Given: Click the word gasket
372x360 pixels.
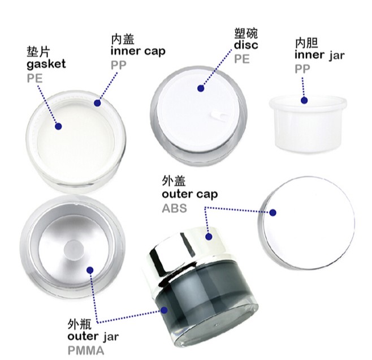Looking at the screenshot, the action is click(46, 65).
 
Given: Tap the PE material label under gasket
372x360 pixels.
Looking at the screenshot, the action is click(34, 78).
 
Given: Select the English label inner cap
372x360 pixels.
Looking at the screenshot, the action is click(138, 52).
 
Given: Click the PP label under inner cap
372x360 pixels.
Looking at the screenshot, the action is click(118, 65).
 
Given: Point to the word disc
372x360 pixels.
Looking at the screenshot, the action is click(246, 45).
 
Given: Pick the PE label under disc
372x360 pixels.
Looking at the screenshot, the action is click(242, 59).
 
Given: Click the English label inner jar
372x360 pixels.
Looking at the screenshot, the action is click(319, 55).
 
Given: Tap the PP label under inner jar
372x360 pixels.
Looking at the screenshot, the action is click(302, 68).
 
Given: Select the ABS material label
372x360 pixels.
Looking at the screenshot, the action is click(174, 208).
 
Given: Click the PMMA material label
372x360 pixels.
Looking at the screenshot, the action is click(85, 350).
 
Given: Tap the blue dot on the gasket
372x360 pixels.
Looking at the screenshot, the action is click(58, 126).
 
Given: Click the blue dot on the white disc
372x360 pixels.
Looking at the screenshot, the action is click(201, 88).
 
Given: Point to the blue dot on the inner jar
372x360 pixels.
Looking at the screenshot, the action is click(304, 100).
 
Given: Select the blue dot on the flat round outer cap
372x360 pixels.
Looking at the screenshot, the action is click(273, 212).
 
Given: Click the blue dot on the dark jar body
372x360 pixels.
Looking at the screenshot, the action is click(164, 310).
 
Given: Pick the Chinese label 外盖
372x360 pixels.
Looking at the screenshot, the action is click(174, 181).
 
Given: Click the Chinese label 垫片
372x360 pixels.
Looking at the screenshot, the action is click(38, 52).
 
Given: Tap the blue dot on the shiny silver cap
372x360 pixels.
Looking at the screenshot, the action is click(209, 237).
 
